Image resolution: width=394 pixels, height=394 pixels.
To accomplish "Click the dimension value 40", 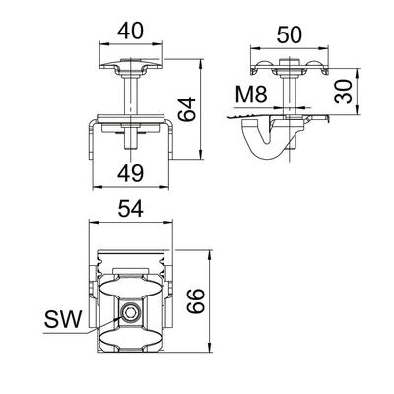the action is tap(130, 32).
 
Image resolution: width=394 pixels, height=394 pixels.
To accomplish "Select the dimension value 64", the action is tap(186, 109).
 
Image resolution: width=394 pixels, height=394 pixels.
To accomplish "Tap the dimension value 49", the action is tap(130, 173).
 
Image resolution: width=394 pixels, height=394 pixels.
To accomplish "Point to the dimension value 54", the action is tap(131, 209).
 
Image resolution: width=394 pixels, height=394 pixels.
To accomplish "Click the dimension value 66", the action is tap(196, 300).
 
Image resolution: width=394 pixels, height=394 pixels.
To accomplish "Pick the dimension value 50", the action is tap(289, 35).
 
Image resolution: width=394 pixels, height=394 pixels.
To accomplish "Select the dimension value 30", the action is tap(343, 92).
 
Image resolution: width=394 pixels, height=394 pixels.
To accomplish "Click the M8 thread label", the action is tap(251, 95).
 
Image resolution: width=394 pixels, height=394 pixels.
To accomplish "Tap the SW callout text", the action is tap(63, 319).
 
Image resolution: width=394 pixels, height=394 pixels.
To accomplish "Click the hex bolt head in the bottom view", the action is tap(130, 314).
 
